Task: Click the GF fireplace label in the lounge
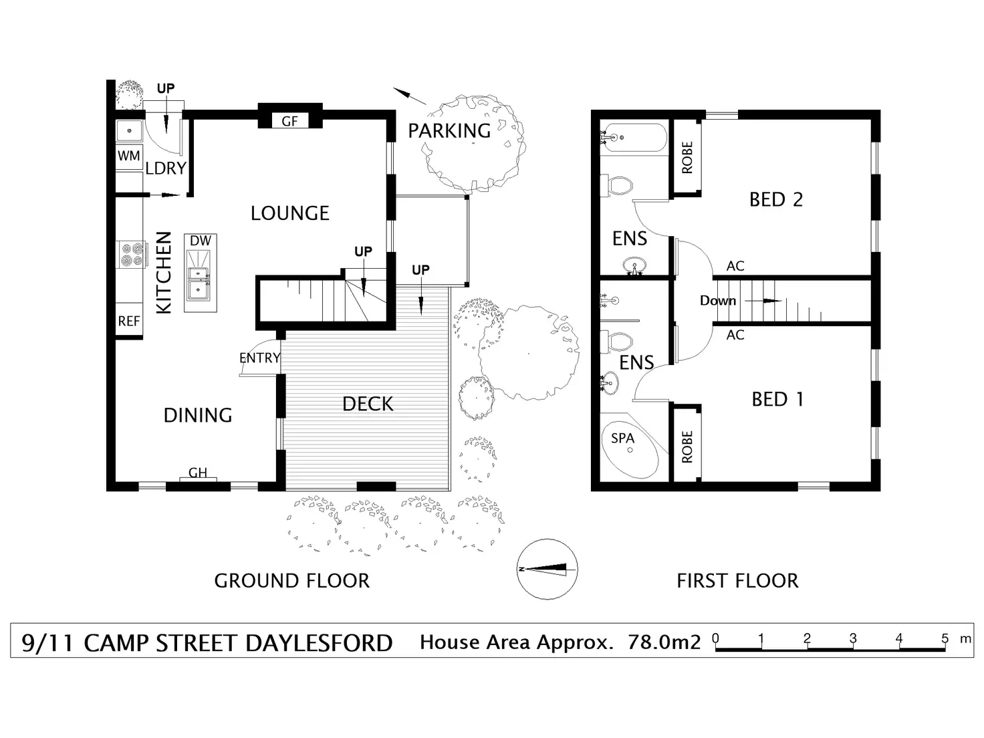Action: click(289, 121)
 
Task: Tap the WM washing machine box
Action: click(129, 156)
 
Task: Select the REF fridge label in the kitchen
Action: click(129, 321)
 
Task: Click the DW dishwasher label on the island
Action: click(201, 241)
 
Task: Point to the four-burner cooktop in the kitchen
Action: click(132, 255)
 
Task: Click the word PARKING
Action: click(449, 131)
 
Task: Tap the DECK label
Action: click(368, 404)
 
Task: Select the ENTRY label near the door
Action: click(259, 358)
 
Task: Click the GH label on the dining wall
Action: click(198, 473)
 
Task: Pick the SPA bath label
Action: click(622, 439)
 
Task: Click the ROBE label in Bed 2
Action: click(687, 157)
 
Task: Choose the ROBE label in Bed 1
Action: click(687, 447)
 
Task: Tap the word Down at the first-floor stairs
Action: click(718, 300)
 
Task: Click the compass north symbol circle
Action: click(547, 569)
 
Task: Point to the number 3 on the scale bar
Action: click(853, 638)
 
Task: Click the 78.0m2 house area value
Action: click(664, 642)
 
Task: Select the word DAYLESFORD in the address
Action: click(319, 643)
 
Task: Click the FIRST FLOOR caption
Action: click(737, 581)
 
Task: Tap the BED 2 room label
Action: click(776, 199)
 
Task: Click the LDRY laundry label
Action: click(166, 168)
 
